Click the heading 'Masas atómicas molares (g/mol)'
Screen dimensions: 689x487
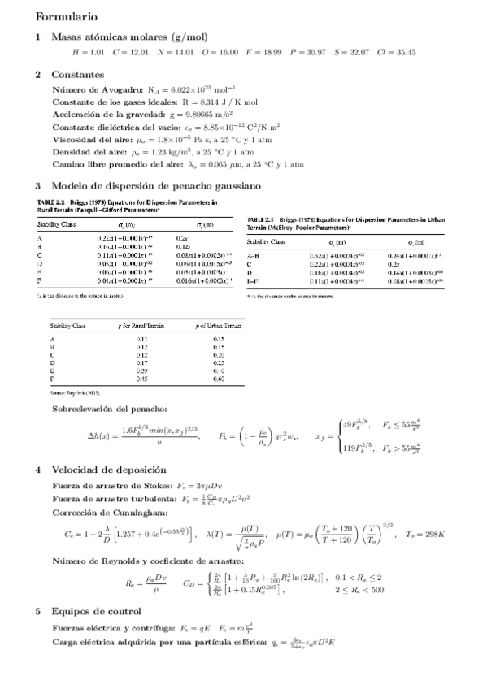pyautogui.click(x=129, y=37)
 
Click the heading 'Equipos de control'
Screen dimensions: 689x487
pyautogui.click(x=96, y=611)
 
